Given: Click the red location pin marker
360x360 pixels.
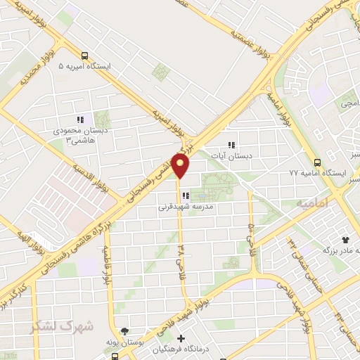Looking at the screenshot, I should (180, 166).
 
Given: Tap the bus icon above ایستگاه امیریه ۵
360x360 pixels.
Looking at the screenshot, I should (85, 56).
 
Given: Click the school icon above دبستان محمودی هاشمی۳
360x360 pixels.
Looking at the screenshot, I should (81, 120).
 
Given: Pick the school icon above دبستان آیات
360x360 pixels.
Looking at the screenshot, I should (231, 146).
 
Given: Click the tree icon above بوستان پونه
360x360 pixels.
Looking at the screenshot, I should (124, 330).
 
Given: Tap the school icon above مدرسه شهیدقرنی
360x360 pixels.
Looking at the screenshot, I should (184, 195).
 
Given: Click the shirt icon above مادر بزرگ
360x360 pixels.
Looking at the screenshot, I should (344, 239).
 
